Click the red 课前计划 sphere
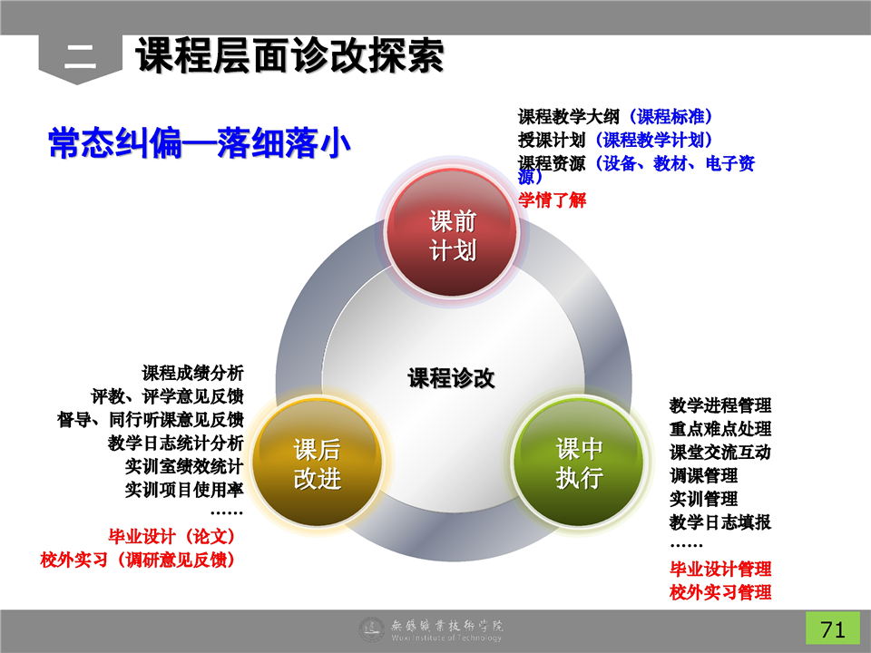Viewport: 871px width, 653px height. coord(452,234)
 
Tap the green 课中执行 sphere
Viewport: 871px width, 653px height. coord(579,462)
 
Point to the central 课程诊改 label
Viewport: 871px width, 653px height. coord(451,378)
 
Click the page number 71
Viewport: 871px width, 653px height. coord(833,629)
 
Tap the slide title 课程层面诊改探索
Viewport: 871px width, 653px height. coord(289,55)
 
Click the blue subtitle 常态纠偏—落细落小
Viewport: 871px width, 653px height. coord(200,142)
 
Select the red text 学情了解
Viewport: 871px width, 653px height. coord(553,200)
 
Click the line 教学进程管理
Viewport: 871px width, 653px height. coord(719,405)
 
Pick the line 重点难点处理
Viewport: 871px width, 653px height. coord(719,429)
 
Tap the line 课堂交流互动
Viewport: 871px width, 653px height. coord(719,452)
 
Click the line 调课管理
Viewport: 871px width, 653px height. coord(703,475)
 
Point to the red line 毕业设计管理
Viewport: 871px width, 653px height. coord(719,569)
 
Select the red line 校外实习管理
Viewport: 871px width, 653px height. coord(719,592)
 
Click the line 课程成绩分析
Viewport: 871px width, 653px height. coord(192,373)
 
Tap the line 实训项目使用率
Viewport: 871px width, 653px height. coord(184,489)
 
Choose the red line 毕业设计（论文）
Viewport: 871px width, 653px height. coord(172,536)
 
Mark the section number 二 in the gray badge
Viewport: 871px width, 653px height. coord(80,55)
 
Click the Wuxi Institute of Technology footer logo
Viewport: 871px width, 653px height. coord(431,629)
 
